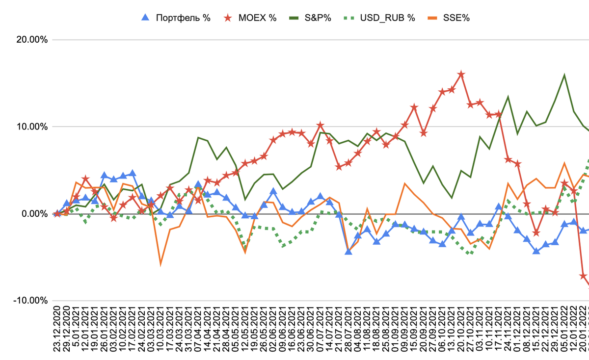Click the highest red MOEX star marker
(x=461, y=75)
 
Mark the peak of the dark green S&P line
(x=564, y=75)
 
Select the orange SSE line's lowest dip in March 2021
(x=161, y=264)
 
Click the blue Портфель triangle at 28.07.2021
(x=348, y=252)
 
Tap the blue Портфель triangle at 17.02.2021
(x=132, y=173)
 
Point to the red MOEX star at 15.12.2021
(x=536, y=232)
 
